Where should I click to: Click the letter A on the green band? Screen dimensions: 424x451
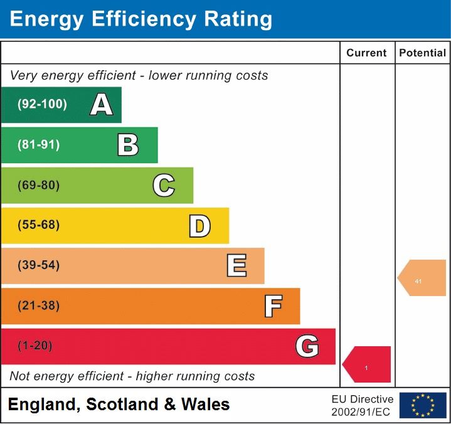tap(102, 105)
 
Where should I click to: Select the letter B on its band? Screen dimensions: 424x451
tap(128, 145)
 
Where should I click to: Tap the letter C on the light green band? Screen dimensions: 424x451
tap(164, 186)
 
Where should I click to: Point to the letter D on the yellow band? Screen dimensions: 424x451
tap(199, 226)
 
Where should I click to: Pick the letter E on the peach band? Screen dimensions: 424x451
tap(236, 266)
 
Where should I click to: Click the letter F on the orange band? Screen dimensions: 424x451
tap(273, 307)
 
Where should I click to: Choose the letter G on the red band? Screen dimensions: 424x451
tap(307, 346)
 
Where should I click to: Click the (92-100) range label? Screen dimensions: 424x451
tap(42, 105)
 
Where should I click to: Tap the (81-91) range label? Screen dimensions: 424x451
tap(39, 145)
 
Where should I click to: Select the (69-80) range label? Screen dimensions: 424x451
tap(39, 185)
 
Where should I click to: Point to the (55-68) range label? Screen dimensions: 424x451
tap(39, 225)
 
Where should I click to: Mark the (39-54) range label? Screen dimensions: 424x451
tap(39, 265)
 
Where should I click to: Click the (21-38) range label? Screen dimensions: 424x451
tap(39, 306)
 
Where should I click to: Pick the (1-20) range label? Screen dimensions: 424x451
tap(35, 346)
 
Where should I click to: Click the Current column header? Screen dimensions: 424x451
tap(366, 53)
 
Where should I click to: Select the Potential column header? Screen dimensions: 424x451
tap(423, 53)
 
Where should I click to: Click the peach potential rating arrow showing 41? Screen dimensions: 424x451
tap(422, 278)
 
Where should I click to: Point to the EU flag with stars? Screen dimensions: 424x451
tap(423, 405)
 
